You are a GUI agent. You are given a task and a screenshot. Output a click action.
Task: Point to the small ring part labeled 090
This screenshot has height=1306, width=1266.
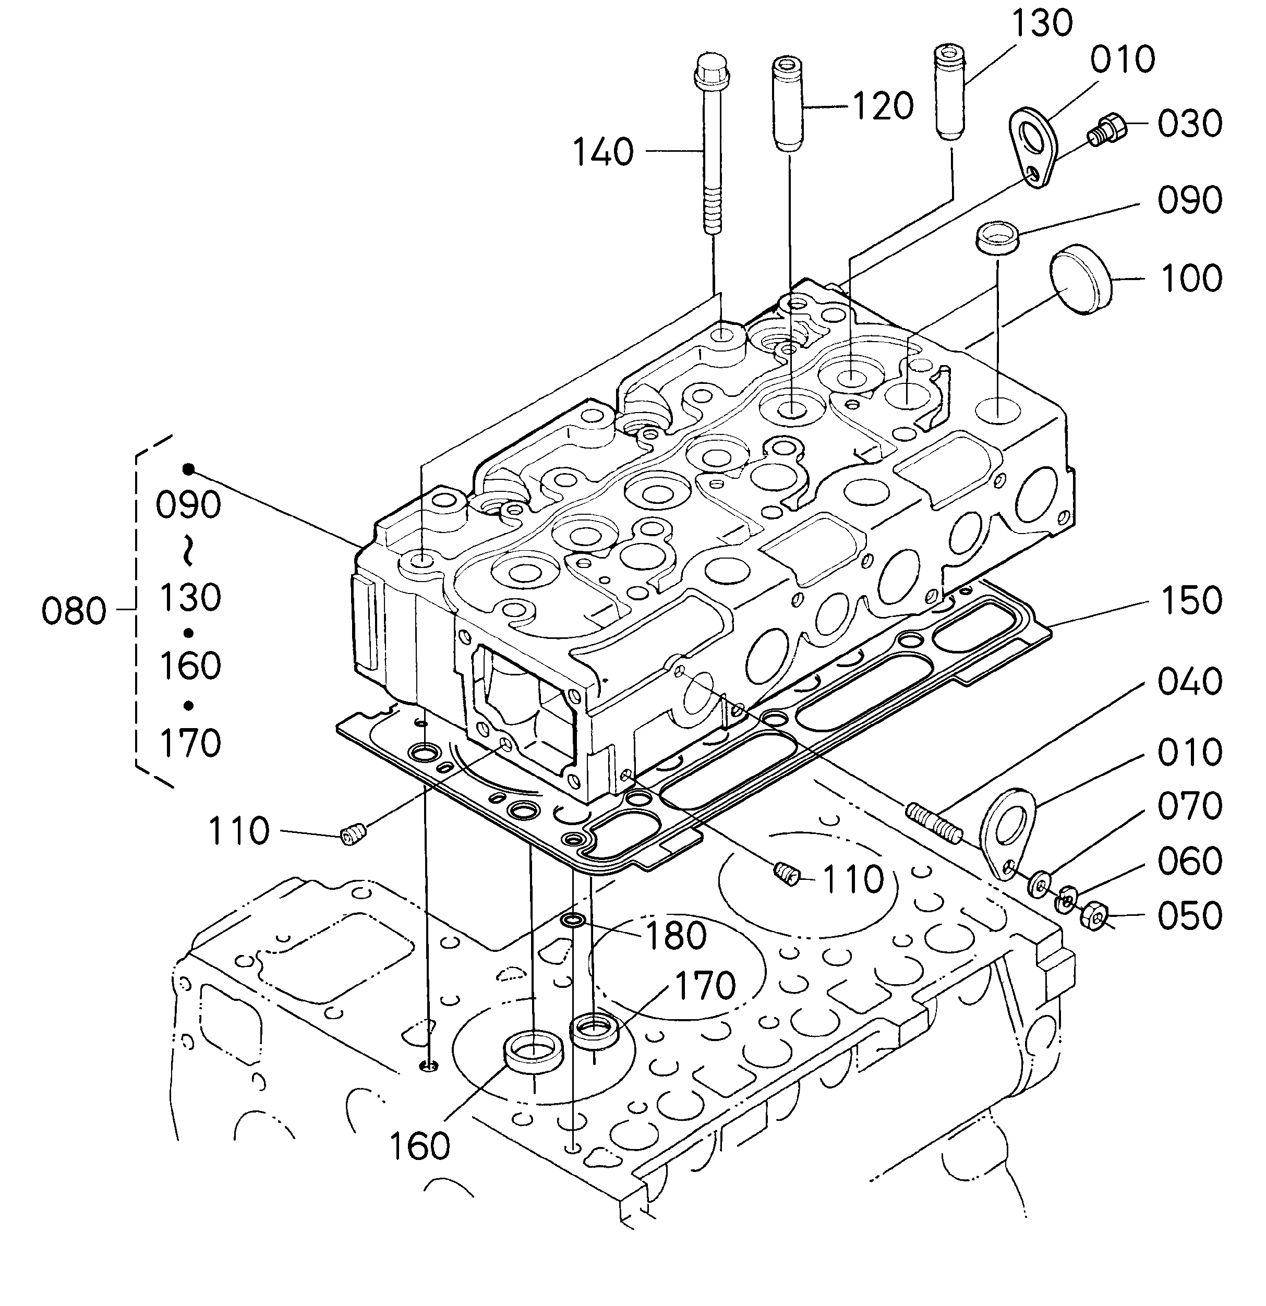click(x=997, y=238)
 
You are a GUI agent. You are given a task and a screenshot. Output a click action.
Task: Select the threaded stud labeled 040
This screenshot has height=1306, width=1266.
click(x=933, y=823)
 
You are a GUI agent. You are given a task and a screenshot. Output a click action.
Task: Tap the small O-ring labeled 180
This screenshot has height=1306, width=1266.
click(x=574, y=922)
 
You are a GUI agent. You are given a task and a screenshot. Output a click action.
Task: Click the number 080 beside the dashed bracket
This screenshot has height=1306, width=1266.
click(x=74, y=611)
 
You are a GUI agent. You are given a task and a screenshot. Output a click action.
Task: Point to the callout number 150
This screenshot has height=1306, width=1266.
click(x=1191, y=600)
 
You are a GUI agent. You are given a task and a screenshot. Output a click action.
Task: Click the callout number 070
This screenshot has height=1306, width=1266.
click(x=1190, y=806)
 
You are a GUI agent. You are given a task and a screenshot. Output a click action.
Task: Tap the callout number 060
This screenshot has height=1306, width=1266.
click(x=1190, y=861)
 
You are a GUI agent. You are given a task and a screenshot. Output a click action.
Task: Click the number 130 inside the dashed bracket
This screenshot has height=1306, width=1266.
click(x=190, y=597)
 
